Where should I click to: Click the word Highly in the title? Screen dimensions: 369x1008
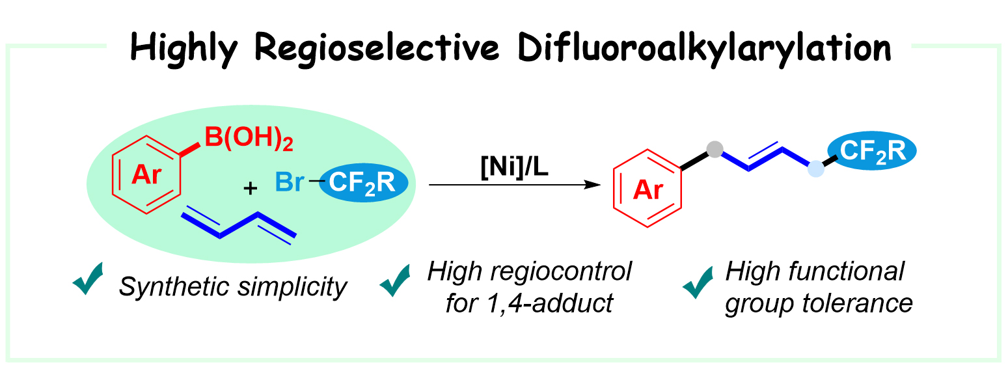[x=188, y=47]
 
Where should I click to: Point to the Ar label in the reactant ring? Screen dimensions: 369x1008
[x=147, y=175]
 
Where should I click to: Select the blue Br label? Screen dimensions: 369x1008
[x=289, y=182]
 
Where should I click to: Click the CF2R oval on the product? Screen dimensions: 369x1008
[x=871, y=151]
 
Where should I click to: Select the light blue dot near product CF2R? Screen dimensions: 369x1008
[x=815, y=171]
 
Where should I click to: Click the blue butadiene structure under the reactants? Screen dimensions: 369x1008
[x=238, y=225]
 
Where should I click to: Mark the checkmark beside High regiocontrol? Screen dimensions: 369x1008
[x=396, y=280]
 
